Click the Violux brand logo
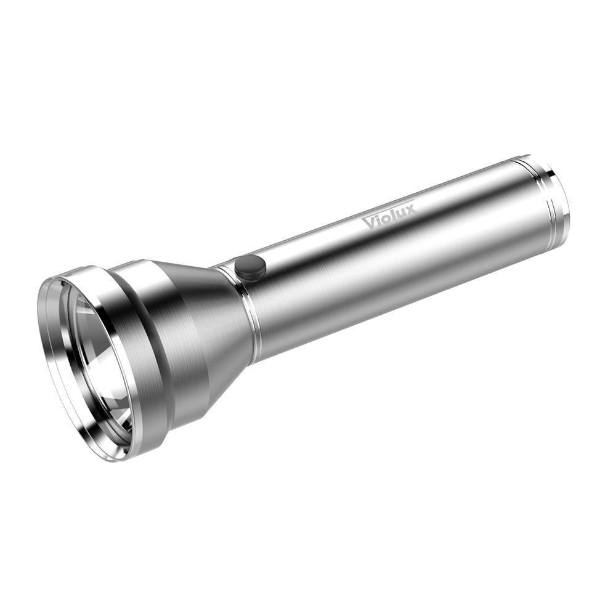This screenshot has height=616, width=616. tap(389, 216)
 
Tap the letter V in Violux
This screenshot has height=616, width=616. tap(370, 222)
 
